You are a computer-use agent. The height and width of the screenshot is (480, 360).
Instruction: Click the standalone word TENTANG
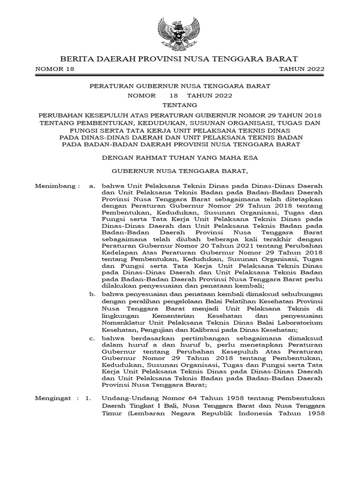[180, 105]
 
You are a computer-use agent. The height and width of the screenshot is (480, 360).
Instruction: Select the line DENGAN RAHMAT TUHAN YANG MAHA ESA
[180, 158]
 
